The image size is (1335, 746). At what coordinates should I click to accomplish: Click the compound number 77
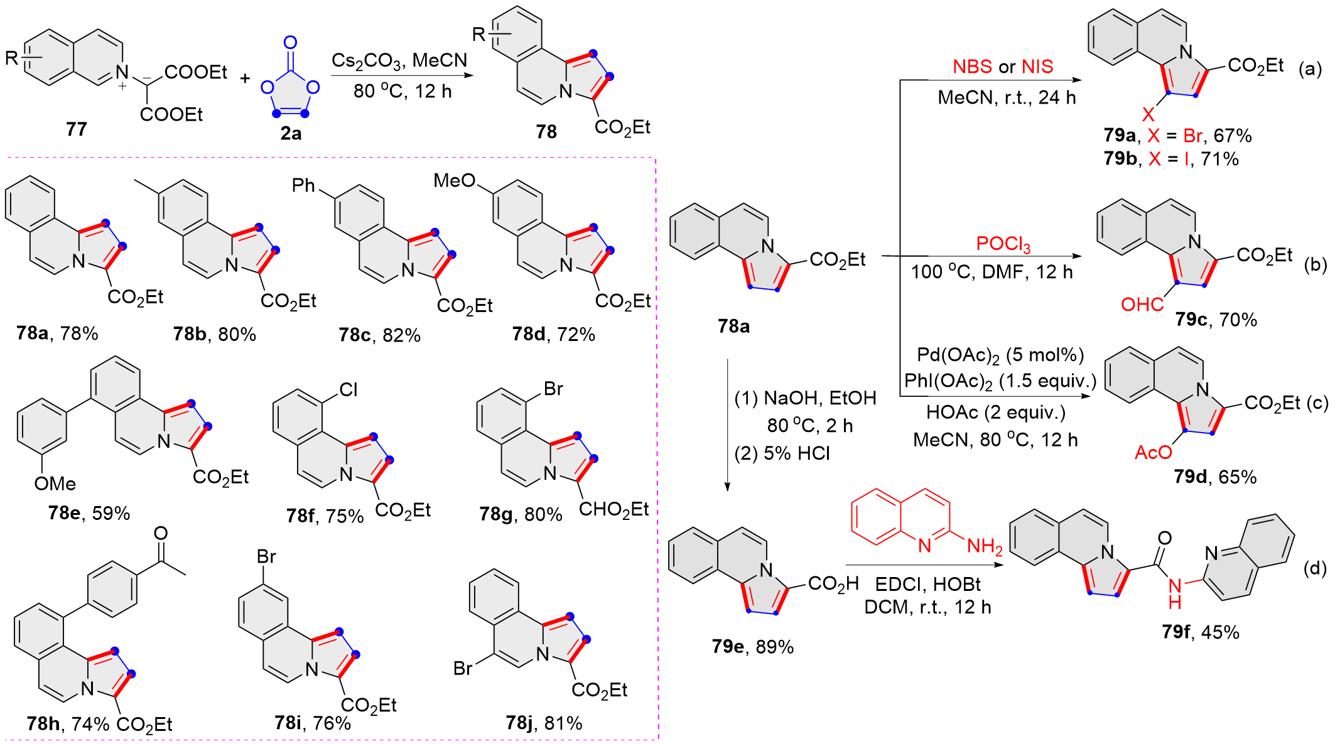point(76,129)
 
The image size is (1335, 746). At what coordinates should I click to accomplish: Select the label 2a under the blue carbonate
point(291,133)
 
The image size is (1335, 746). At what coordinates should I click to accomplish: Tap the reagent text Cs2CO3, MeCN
point(399,60)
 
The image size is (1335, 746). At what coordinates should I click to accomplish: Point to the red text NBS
point(972,67)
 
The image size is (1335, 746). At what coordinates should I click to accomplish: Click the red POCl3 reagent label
point(1003,244)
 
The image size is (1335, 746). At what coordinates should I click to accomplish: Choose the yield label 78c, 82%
point(379,335)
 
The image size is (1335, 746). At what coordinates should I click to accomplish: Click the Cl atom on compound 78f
point(349,390)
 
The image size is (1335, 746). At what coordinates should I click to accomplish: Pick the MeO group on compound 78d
point(455,181)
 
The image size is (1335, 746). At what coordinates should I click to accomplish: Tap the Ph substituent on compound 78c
point(303,185)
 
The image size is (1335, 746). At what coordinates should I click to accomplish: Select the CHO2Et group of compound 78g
point(613,509)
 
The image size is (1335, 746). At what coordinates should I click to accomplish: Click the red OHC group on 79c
point(1142,305)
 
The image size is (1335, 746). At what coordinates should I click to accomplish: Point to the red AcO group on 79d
point(1153,452)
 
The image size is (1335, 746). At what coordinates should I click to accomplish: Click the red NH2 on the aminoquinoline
point(984,546)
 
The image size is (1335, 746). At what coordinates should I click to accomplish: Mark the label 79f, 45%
point(1200,632)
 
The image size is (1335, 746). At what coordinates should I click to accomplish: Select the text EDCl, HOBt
point(927,585)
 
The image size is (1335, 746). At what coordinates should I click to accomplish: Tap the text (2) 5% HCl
point(782,453)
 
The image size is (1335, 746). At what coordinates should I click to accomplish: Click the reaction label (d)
point(1314,568)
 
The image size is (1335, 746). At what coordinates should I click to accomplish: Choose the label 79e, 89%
point(752,646)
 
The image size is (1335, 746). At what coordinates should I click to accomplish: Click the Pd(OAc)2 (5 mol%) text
point(1000,355)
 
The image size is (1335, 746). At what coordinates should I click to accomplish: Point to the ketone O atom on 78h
point(161,533)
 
